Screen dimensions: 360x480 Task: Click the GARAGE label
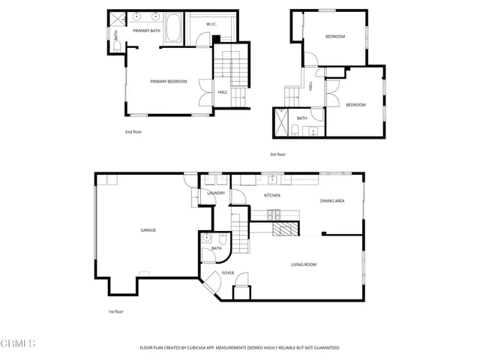pos(148,229)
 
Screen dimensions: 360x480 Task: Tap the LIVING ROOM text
pos(304,264)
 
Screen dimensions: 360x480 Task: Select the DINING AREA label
pos(332,200)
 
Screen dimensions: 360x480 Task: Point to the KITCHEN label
pos(271,195)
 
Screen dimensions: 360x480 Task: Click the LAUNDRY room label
pos(215,193)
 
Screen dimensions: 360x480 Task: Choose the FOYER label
pos(227,272)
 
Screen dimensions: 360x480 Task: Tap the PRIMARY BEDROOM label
pos(168,81)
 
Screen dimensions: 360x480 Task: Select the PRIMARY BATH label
pos(147,31)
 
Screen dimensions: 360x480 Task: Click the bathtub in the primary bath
pos(173,28)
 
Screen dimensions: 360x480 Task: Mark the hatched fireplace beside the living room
pos(285,229)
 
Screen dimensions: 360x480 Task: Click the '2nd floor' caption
pos(133,131)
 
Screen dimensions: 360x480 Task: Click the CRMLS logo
pos(18,343)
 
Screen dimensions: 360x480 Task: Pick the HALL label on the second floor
pos(222,92)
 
